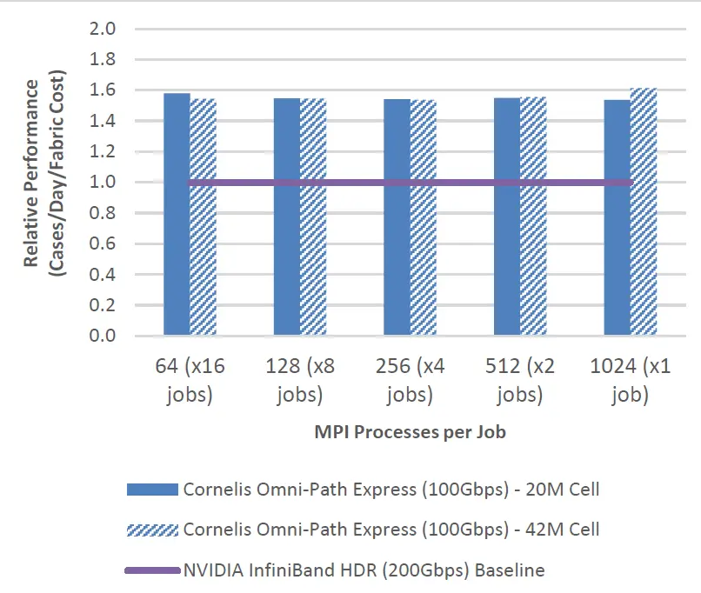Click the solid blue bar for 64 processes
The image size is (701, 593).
(x=177, y=261)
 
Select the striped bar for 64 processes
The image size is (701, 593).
(x=203, y=261)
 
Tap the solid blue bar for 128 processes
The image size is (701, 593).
(x=287, y=261)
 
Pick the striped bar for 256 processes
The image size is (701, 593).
(x=423, y=261)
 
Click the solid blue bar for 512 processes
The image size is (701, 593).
(x=507, y=261)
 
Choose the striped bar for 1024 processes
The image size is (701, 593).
(x=644, y=261)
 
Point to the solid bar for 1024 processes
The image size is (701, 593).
(x=617, y=261)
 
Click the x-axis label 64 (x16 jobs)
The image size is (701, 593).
(x=190, y=381)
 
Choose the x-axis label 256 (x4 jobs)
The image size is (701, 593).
(x=410, y=381)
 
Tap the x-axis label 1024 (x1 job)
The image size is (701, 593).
(x=630, y=381)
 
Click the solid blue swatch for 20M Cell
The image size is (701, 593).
(x=151, y=490)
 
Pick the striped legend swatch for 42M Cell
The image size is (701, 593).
(x=151, y=530)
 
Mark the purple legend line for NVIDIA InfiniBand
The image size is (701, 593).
(x=151, y=570)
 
